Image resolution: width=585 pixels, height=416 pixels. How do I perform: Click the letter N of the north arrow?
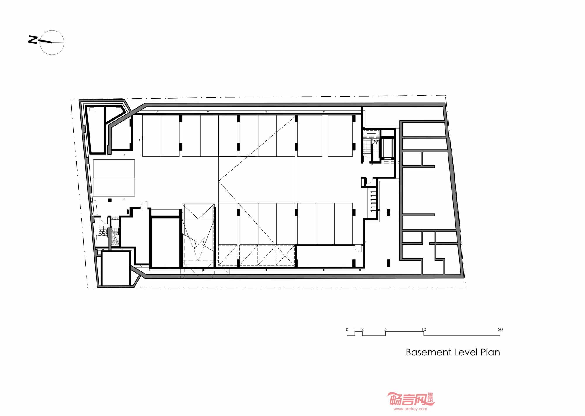coord(33,40)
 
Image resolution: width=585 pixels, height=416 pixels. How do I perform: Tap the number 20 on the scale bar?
coord(500,329)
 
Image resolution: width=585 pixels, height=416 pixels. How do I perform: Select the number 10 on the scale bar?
coord(424,329)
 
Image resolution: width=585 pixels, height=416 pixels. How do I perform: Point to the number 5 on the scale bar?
coord(386,329)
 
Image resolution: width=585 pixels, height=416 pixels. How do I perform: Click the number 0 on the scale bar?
coord(347,329)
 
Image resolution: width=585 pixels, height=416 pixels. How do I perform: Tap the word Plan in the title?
coord(490,352)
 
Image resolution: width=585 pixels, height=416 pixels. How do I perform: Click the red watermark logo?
coord(411,399)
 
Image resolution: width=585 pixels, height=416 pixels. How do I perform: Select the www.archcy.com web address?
coord(410,409)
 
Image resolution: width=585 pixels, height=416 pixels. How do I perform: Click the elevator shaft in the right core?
coord(388,147)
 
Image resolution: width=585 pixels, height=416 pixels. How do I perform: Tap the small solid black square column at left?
coord(110,200)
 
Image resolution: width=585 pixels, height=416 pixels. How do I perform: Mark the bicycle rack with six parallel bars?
coord(373,201)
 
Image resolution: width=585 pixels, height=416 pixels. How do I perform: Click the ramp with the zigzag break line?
coord(198,235)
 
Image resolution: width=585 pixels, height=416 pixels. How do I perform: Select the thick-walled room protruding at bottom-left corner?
coord(116,268)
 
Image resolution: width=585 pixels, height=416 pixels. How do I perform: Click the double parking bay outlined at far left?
coord(114,178)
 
